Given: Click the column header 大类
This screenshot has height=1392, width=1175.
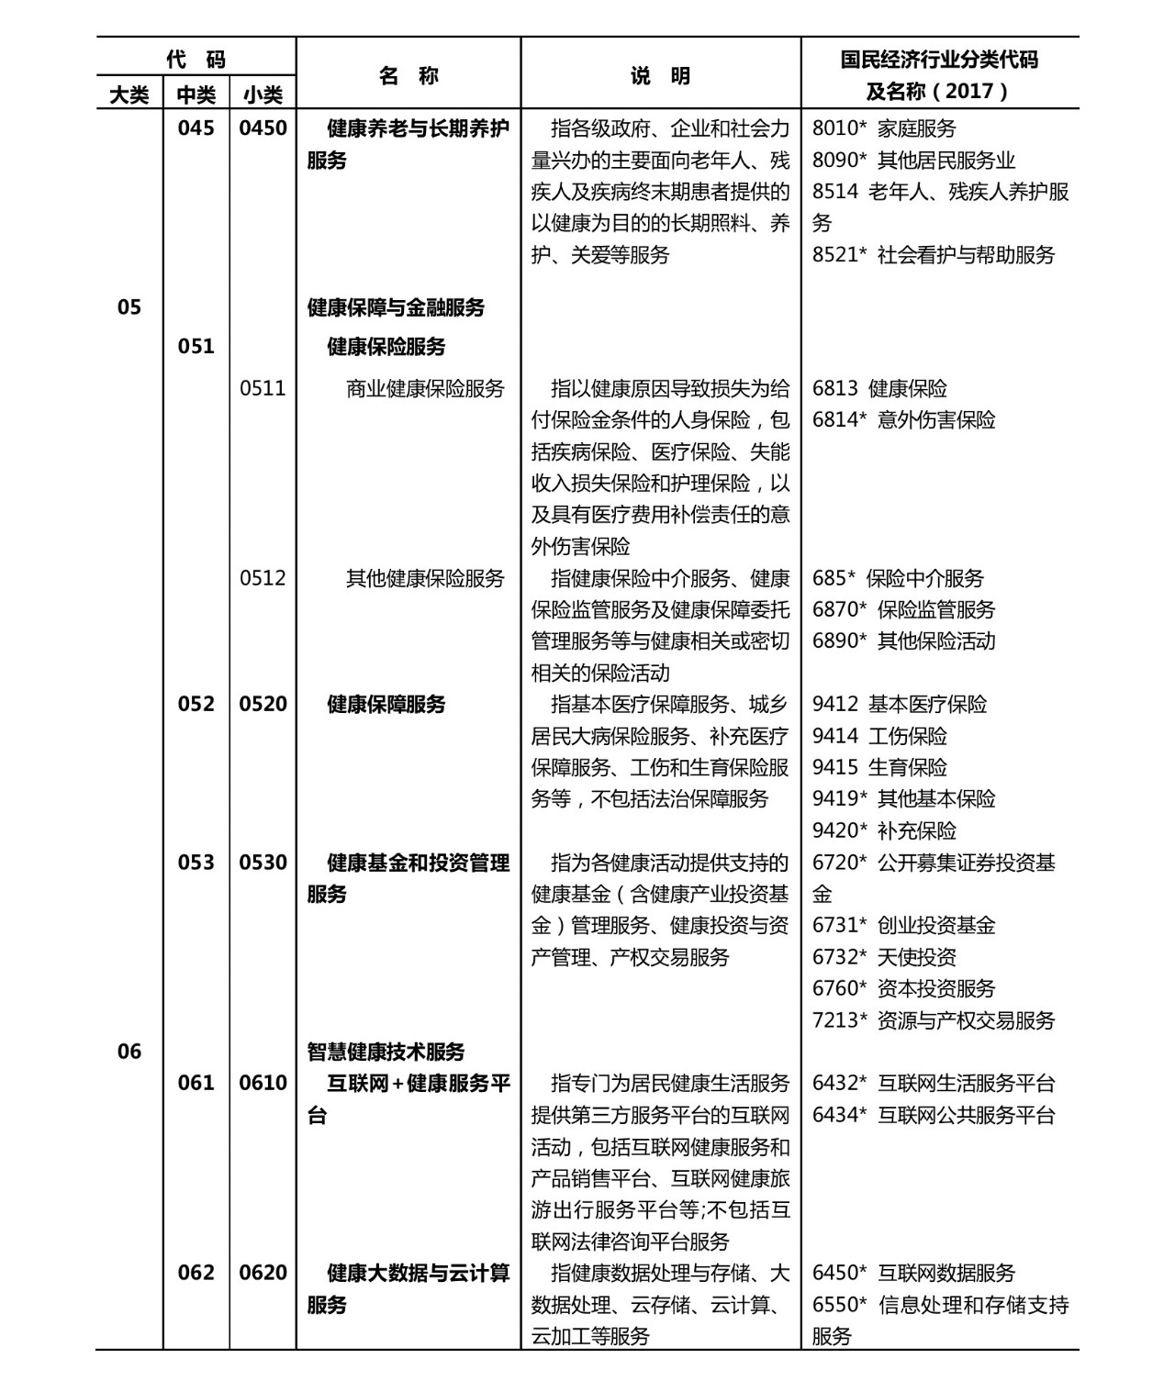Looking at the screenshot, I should (x=129, y=95).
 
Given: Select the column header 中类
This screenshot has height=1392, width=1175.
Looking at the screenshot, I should (x=196, y=95).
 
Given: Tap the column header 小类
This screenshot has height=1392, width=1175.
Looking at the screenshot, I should (x=263, y=95).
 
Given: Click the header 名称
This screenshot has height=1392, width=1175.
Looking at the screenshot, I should (x=408, y=76).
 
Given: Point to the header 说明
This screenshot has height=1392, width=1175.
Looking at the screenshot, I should (x=660, y=76).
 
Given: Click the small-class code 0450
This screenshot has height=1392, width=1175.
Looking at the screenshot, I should (x=263, y=128).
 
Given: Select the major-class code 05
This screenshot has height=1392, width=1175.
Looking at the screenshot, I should (x=129, y=306).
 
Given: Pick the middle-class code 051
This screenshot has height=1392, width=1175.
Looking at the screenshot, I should (x=196, y=346).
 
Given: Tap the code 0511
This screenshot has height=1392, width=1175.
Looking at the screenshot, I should (x=263, y=388).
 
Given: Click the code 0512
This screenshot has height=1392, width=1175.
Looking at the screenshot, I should (x=263, y=578).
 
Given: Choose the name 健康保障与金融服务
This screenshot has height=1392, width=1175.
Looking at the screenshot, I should (x=396, y=307).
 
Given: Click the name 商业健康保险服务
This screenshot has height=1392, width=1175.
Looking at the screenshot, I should (x=425, y=388).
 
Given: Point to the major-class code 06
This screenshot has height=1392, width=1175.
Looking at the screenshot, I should (x=129, y=1052).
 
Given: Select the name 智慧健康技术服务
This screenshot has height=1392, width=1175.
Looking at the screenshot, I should (x=386, y=1052).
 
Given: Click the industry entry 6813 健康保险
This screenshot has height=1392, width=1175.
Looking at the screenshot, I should (x=879, y=388).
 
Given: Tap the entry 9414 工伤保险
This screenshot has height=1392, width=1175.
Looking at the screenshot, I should (x=879, y=736).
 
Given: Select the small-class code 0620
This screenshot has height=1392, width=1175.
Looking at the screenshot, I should (x=263, y=1273).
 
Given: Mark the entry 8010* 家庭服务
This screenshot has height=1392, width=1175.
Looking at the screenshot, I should (x=884, y=128).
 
